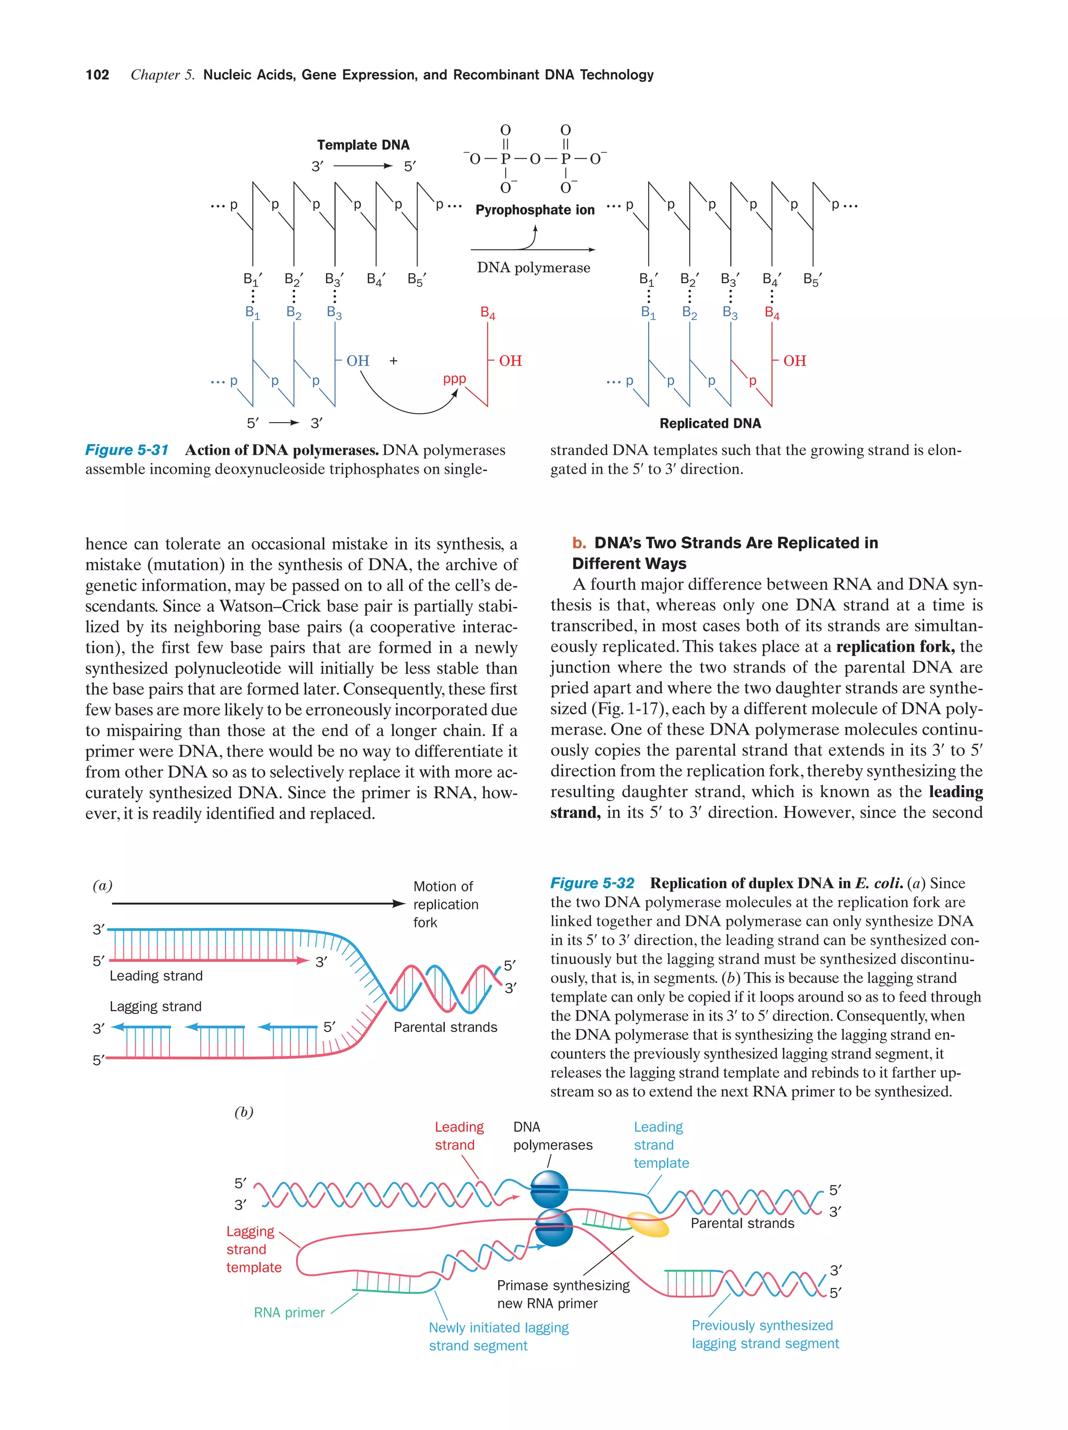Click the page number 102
click(x=97, y=75)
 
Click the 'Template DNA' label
click(x=362, y=145)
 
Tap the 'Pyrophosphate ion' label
click(x=535, y=210)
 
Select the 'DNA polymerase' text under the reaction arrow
click(x=533, y=268)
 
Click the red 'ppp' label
click(x=454, y=379)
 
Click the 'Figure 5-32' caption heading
click(x=592, y=883)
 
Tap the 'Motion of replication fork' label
click(x=445, y=904)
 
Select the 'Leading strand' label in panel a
click(x=156, y=976)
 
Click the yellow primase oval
click(x=648, y=1224)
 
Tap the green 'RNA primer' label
click(x=289, y=1312)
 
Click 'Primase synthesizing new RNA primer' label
click(x=562, y=1294)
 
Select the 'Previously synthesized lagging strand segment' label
click(x=764, y=1335)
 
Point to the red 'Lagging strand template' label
click(x=253, y=1249)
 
